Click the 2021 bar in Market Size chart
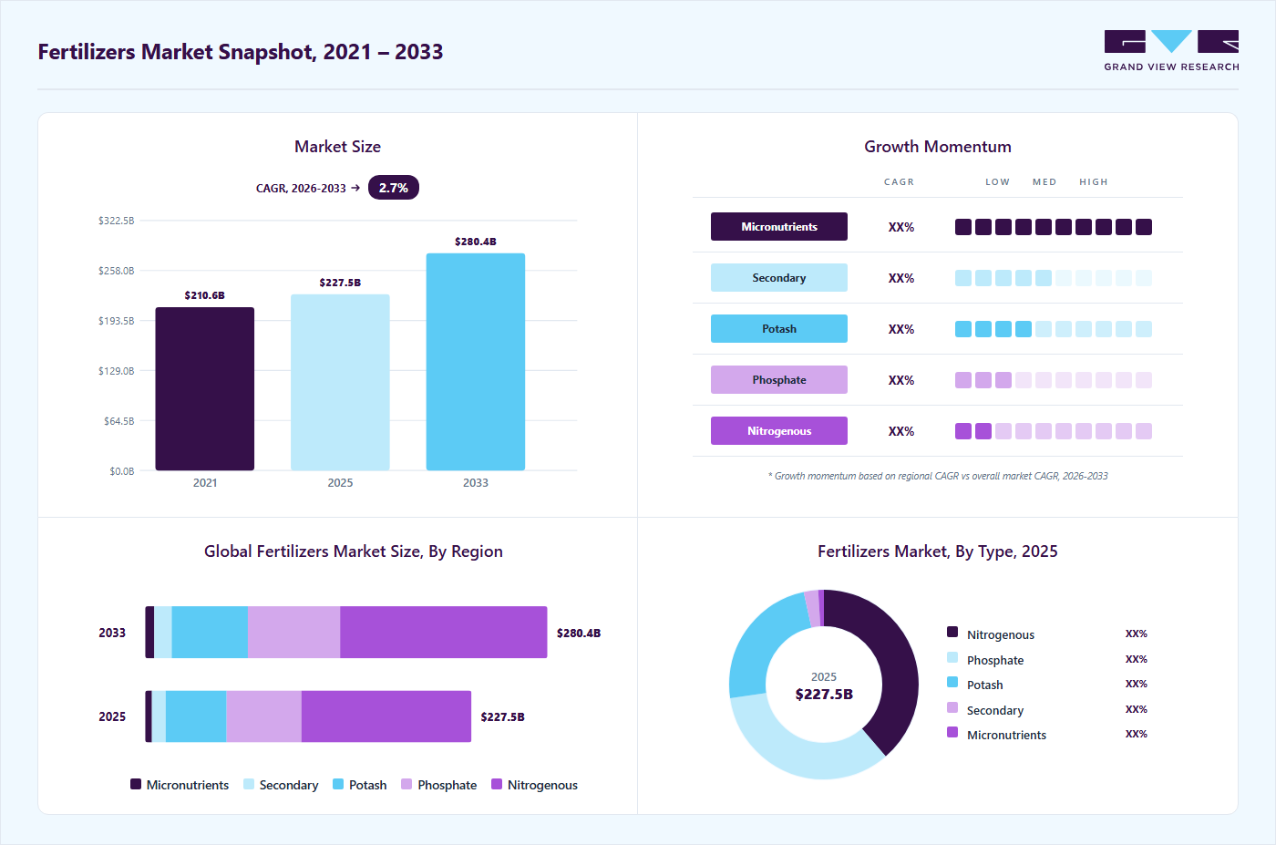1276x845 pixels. (204, 388)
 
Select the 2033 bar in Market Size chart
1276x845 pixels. (476, 362)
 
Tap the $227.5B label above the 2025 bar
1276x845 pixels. (340, 283)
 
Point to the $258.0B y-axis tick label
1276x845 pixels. (117, 271)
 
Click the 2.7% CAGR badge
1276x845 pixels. (394, 188)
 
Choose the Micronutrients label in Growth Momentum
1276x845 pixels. (778, 227)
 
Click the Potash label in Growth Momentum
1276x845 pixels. (778, 329)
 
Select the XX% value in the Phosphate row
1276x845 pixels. (901, 380)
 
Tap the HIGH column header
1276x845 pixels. (1094, 181)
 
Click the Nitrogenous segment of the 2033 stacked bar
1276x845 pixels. (444, 632)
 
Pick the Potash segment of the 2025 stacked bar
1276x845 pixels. (196, 716)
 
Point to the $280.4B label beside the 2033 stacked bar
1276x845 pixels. (579, 633)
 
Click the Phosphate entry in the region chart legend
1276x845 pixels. (439, 785)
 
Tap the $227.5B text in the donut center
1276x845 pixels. (824, 694)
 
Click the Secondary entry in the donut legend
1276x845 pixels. (995, 710)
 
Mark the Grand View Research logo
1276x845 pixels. (1171, 51)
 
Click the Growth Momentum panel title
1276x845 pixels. (938, 147)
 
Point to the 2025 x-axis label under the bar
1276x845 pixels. (340, 482)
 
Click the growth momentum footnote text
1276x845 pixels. (938, 476)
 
